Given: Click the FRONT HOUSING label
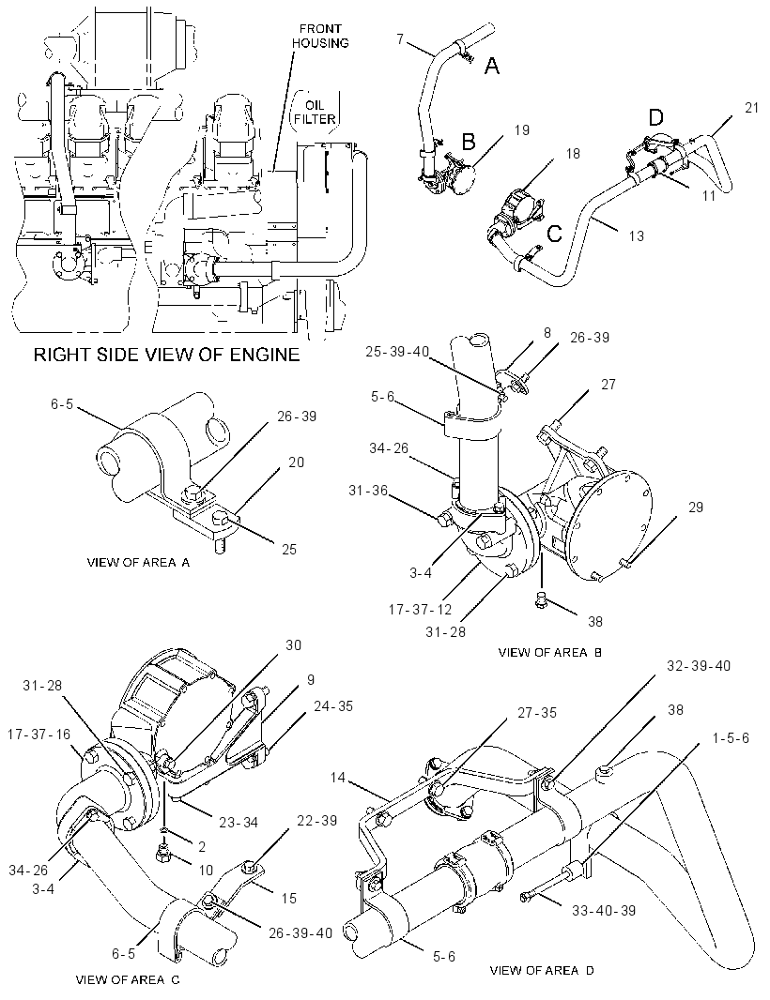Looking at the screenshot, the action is tap(324, 36).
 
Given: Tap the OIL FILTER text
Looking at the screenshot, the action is tap(315, 112).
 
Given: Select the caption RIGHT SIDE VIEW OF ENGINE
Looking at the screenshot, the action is tap(166, 354).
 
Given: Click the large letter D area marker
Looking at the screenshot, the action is tap(655, 117).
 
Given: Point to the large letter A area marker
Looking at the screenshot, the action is tap(492, 65).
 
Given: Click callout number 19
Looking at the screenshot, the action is tap(522, 130).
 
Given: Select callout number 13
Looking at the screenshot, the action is tap(636, 236).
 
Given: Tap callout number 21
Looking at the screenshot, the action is tap(751, 108).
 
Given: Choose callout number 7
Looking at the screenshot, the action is tap(400, 38).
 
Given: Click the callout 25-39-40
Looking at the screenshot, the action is tap(398, 352).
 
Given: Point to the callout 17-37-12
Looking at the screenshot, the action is tap(420, 610).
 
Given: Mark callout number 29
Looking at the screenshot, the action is tap(695, 507).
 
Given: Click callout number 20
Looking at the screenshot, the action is tap(296, 462).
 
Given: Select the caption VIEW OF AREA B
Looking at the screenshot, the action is tap(549, 652).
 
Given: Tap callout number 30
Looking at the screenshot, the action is tap(293, 645).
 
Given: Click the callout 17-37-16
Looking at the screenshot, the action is tap(38, 735).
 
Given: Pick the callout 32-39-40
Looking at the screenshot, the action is tap(699, 666).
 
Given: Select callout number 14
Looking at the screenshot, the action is tap(338, 778).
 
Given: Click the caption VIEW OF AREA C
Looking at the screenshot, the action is tap(128, 979).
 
